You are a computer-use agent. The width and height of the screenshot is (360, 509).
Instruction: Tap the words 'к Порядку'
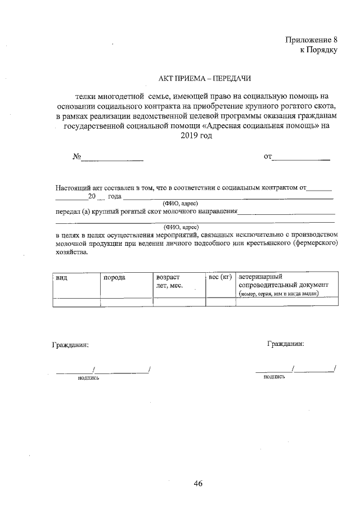[x=318, y=49]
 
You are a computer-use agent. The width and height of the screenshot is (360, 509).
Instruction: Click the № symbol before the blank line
[x=77, y=156]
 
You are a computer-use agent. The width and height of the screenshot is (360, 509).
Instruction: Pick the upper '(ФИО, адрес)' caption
[x=181, y=203]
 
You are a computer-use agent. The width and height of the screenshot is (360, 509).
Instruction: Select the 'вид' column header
[x=61, y=277]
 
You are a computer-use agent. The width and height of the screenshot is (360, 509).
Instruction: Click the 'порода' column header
[x=114, y=277]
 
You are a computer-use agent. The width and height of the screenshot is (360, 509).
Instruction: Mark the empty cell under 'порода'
[x=126, y=301]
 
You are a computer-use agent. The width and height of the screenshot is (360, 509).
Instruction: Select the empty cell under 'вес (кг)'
[x=220, y=301]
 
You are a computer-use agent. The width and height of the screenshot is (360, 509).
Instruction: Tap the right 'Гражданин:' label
[x=286, y=343]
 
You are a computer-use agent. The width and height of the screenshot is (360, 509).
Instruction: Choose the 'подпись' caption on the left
[x=88, y=377]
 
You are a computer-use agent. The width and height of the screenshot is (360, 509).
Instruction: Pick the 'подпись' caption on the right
[x=274, y=376]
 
